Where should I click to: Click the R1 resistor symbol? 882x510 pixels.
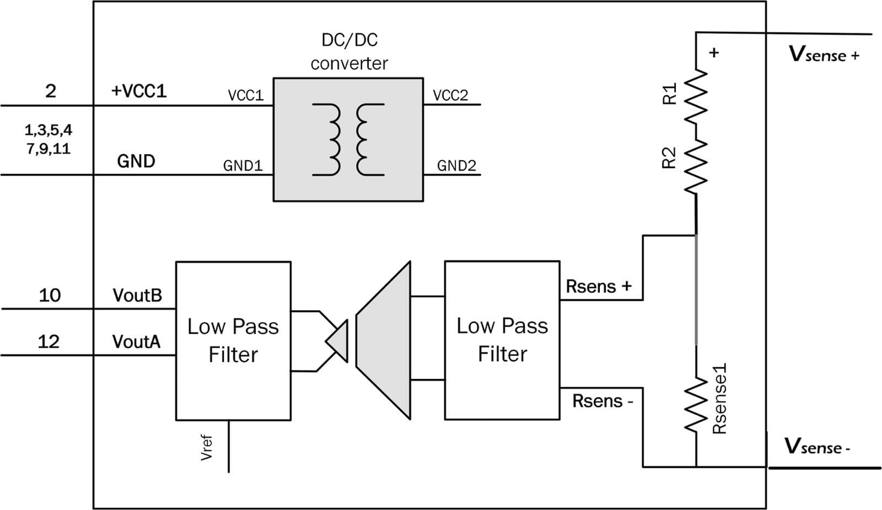[x=696, y=96]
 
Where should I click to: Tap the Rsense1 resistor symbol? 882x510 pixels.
[x=696, y=405]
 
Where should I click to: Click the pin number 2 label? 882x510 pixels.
[x=50, y=90]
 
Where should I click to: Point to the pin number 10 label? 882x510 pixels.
[x=50, y=295]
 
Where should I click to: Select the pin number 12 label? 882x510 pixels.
[x=49, y=341]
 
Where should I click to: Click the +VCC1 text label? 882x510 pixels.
[x=138, y=91]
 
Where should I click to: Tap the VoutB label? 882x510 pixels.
[x=137, y=295]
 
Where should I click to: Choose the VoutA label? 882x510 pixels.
[x=136, y=342]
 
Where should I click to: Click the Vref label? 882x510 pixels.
[x=207, y=447]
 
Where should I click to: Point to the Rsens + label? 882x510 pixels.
[x=598, y=286]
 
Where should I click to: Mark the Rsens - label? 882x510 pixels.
[x=603, y=401]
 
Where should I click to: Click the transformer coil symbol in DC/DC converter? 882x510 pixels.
[x=348, y=139]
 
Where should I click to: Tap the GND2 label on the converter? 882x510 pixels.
[x=456, y=165]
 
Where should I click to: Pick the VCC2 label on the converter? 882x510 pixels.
[x=450, y=95]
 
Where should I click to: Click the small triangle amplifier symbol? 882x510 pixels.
[x=338, y=341]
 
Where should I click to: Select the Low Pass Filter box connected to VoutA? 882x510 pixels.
[x=233, y=340]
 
